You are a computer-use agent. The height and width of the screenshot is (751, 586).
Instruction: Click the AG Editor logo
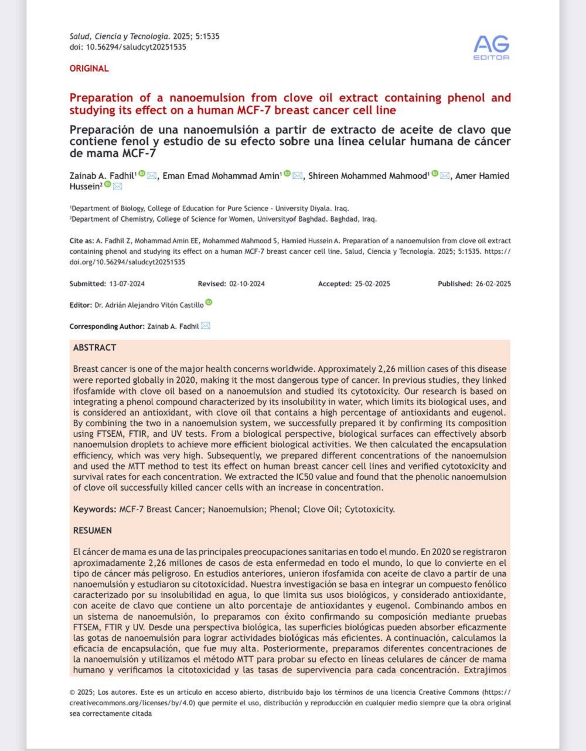[491, 47]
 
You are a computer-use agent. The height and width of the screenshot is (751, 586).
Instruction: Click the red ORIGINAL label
[89, 69]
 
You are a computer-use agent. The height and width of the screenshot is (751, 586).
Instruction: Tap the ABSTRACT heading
[94, 348]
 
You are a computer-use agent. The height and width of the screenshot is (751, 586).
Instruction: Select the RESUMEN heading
[92, 531]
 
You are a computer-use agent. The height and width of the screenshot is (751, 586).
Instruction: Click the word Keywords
[94, 509]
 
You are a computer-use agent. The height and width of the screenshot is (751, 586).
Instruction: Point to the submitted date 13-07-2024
[127, 284]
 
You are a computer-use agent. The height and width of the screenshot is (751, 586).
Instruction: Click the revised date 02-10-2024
[247, 284]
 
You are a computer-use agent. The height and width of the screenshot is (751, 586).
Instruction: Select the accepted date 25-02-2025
[372, 284]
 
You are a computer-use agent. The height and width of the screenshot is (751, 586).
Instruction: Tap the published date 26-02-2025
[493, 284]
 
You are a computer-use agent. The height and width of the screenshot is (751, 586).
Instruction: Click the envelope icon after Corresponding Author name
[205, 326]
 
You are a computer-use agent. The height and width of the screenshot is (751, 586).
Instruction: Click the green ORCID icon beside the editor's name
[209, 303]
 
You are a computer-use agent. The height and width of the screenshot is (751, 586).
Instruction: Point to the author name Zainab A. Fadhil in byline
[102, 176]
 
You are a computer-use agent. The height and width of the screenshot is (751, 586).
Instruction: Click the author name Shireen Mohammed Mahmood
[369, 176]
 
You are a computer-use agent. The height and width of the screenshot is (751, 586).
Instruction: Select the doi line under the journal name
[128, 47]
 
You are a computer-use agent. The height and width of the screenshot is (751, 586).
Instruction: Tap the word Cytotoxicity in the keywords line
[369, 509]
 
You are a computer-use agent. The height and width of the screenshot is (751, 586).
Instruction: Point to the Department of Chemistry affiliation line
[223, 219]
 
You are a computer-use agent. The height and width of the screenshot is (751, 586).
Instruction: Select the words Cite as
[80, 241]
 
